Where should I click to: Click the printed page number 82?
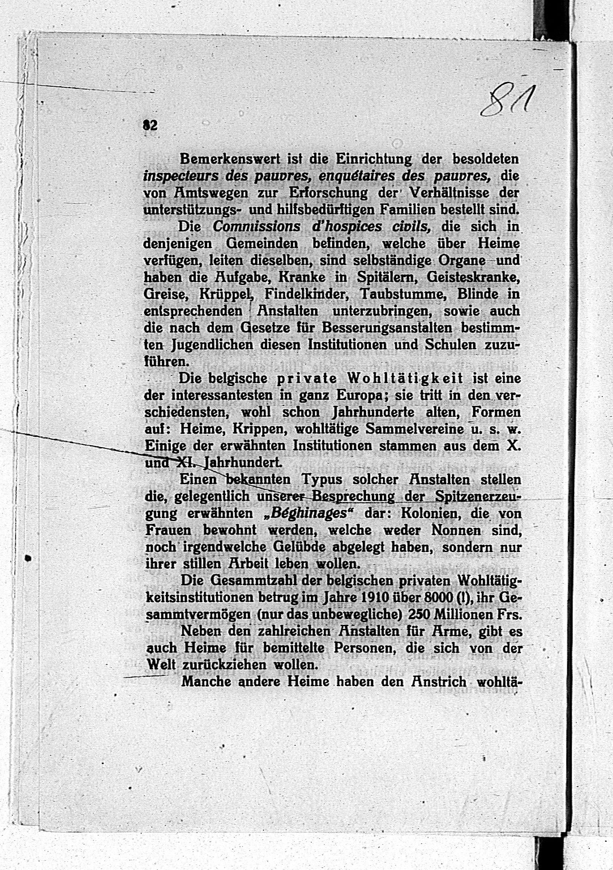pyautogui.click(x=150, y=126)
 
